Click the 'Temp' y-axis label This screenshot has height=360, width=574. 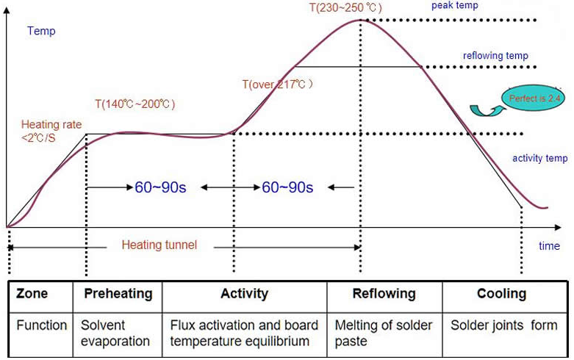(41, 31)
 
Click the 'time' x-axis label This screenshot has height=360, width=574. (549, 246)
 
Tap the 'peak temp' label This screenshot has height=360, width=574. (455, 6)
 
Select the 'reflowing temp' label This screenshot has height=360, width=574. (495, 56)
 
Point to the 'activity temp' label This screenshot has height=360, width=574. (539, 159)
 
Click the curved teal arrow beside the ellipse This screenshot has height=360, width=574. (481, 110)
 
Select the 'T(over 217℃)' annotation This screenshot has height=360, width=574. (278, 84)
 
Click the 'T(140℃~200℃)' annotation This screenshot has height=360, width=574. (135, 104)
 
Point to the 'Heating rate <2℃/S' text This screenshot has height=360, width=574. (51, 130)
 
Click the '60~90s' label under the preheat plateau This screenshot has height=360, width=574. (160, 187)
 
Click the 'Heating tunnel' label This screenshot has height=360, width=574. (159, 245)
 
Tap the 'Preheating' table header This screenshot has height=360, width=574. (118, 294)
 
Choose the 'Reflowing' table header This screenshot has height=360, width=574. (384, 294)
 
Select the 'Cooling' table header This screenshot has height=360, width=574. (501, 294)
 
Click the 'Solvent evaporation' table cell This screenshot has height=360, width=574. (115, 333)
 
